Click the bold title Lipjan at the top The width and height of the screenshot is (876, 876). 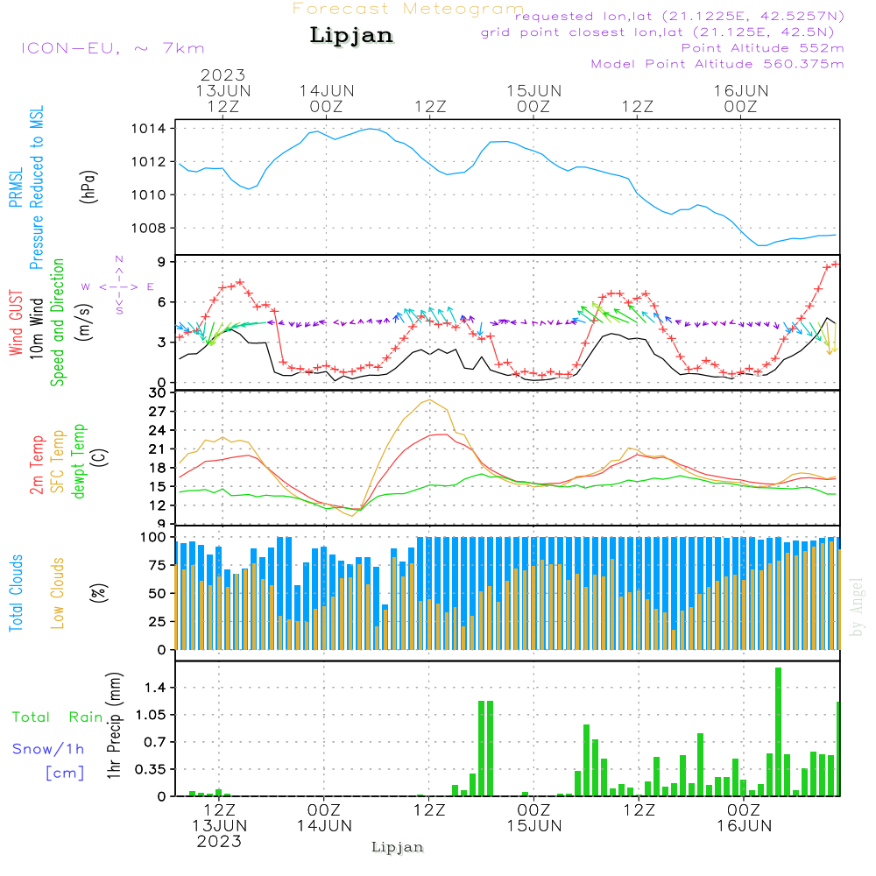(x=351, y=36)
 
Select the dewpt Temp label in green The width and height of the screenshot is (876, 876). (x=79, y=463)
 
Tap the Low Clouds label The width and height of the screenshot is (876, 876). (x=58, y=592)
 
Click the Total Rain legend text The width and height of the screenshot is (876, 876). (x=57, y=717)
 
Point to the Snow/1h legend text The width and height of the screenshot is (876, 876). (x=48, y=749)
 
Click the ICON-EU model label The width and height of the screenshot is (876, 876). (x=112, y=48)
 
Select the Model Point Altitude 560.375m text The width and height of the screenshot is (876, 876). (x=717, y=64)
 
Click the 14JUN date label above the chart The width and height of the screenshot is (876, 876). (x=326, y=91)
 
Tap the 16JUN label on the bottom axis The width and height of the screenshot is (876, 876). (x=744, y=826)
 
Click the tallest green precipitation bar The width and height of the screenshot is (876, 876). (x=778, y=731)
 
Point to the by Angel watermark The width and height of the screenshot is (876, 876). (x=858, y=607)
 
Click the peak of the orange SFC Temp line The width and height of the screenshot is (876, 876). (x=429, y=400)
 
